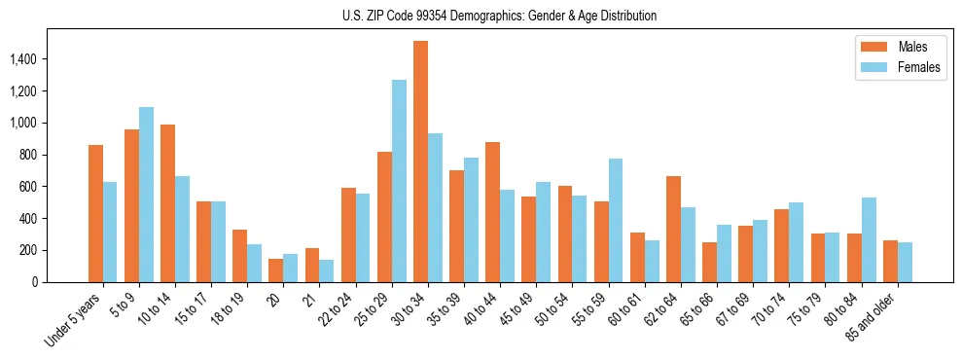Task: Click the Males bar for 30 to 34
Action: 420,162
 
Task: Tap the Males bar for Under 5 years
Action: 95,213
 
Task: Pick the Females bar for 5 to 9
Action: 146,195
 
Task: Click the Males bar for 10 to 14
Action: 167,203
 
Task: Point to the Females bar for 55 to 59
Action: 615,220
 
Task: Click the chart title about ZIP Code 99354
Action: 499,16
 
